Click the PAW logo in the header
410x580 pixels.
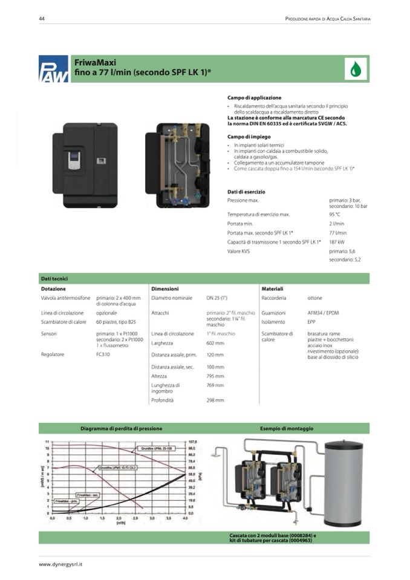click(53, 69)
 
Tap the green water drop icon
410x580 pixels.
click(356, 69)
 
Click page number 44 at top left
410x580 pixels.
click(42, 19)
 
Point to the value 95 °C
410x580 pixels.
click(335, 214)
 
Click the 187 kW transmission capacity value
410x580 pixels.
click(337, 242)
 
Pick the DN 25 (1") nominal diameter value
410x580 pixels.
click(217, 298)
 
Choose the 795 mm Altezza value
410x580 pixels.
click(215, 376)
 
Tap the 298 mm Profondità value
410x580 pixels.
click(215, 400)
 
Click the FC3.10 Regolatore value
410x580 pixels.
click(103, 354)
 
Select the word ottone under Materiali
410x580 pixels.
click(315, 298)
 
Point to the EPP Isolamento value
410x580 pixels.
click(311, 322)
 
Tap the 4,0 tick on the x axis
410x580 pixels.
click(185, 519)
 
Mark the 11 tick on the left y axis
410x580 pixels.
click(47, 442)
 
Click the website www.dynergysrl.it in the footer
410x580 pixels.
click(60, 564)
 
